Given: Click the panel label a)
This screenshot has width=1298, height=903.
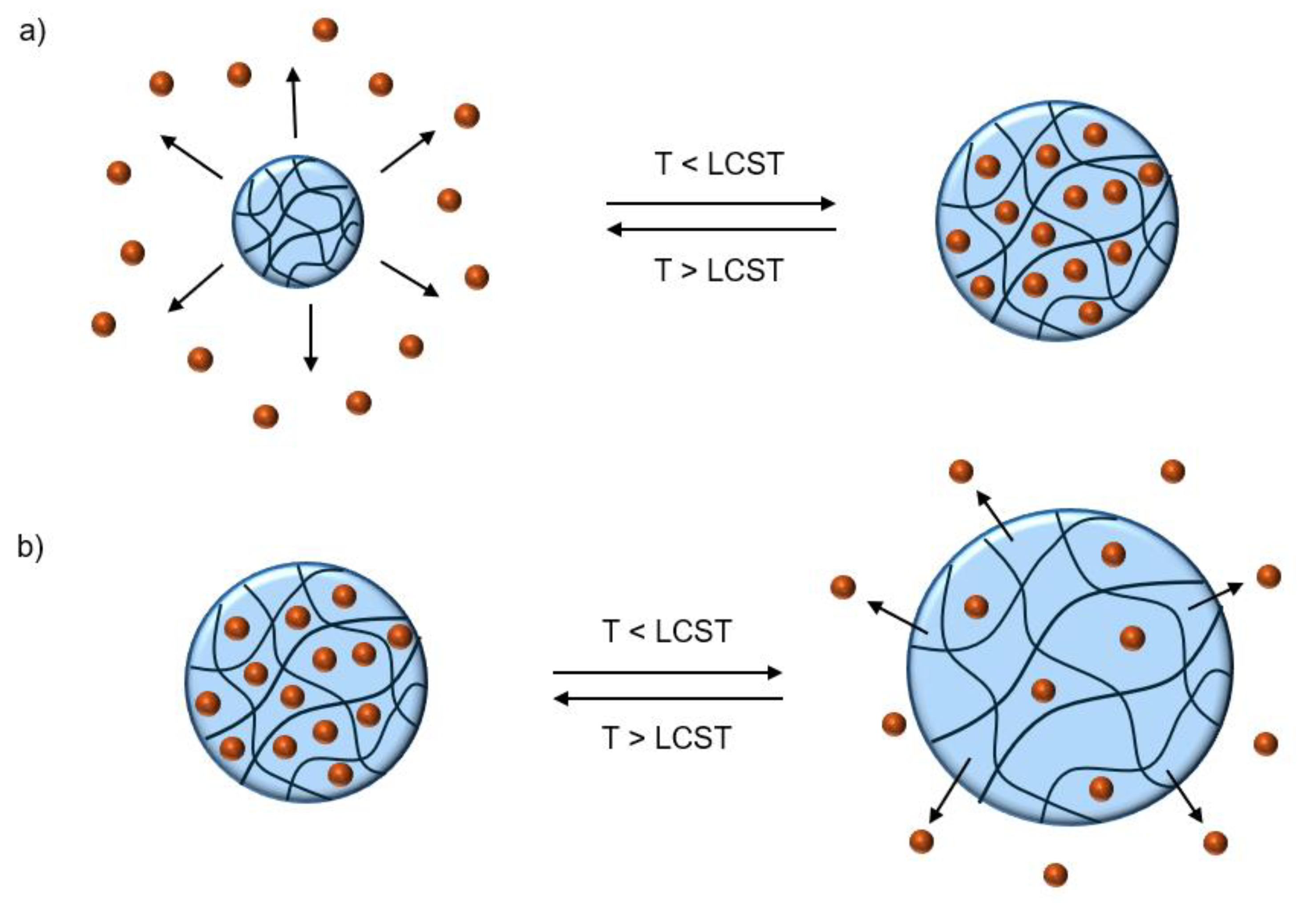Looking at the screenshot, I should pos(32,32).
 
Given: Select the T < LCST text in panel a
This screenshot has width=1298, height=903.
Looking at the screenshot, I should pos(719,164).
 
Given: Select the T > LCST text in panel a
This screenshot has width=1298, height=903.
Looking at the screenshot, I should pos(719,270).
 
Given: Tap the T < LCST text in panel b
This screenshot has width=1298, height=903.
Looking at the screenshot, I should pos(667,631).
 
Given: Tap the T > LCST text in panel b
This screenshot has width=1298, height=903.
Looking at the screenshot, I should pos(667,738).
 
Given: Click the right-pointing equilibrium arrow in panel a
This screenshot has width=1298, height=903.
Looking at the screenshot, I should pos(720,203).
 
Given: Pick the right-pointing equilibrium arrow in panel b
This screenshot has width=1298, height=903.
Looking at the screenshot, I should pos(667,672).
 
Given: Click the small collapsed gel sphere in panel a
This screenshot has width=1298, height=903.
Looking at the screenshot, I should pos(298,221).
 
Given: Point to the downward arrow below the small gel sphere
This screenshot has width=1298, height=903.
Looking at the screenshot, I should pos(310,337).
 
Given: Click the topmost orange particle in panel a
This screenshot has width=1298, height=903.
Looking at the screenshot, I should pos(325,29).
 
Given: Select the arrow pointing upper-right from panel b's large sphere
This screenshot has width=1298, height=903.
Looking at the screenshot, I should pos(1216,596).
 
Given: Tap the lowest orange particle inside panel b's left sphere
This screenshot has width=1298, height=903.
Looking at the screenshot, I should pos(340,774).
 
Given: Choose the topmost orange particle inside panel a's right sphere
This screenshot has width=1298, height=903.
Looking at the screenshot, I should pos(1095,134).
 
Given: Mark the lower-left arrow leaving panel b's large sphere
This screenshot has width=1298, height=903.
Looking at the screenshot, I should pos(949,792).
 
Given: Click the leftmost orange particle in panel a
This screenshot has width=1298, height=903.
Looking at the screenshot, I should pos(103,324).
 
